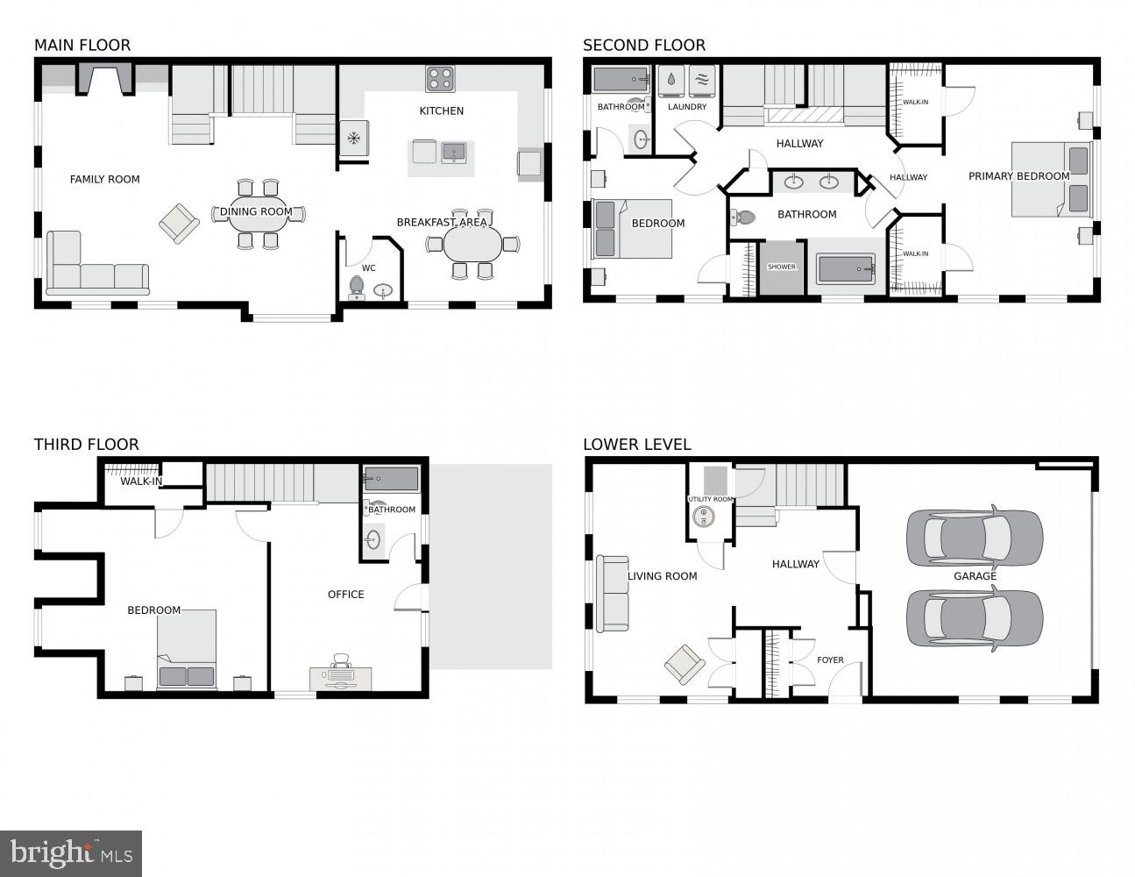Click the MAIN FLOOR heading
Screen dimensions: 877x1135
[x=82, y=46]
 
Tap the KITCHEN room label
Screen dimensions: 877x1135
[x=442, y=111]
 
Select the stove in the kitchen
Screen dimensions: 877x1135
[x=441, y=79]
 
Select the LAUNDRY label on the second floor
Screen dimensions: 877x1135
[x=687, y=107]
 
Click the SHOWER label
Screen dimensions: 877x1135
[x=782, y=267]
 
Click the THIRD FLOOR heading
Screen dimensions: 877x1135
[x=87, y=445]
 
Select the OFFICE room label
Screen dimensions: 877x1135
[x=346, y=595]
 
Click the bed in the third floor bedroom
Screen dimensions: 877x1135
[x=187, y=651]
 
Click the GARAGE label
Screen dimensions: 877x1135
[x=975, y=576]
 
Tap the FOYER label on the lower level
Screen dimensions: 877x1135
[x=830, y=660]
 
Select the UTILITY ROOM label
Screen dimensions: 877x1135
[x=710, y=500]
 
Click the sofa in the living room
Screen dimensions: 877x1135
[x=613, y=594]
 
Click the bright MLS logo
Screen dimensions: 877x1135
[x=71, y=853]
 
